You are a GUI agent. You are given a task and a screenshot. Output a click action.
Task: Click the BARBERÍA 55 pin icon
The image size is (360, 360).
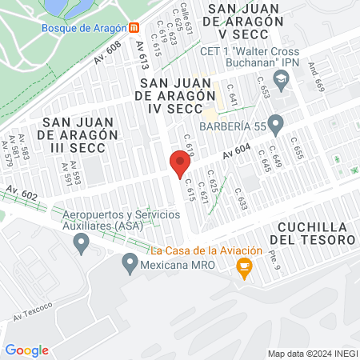(x=276, y=124)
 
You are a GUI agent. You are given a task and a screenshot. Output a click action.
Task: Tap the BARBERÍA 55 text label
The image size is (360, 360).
(x=231, y=126)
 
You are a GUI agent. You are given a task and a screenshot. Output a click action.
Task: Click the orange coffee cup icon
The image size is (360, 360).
(x=245, y=270)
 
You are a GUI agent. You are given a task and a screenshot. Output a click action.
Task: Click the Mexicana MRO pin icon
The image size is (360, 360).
(x=130, y=262)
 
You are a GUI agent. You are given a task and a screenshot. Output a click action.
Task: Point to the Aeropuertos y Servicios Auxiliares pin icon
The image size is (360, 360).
(x=80, y=244)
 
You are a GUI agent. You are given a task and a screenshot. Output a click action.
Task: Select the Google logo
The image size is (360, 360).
(x=27, y=350)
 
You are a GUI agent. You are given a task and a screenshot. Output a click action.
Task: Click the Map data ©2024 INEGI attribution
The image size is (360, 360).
(x=311, y=354)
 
